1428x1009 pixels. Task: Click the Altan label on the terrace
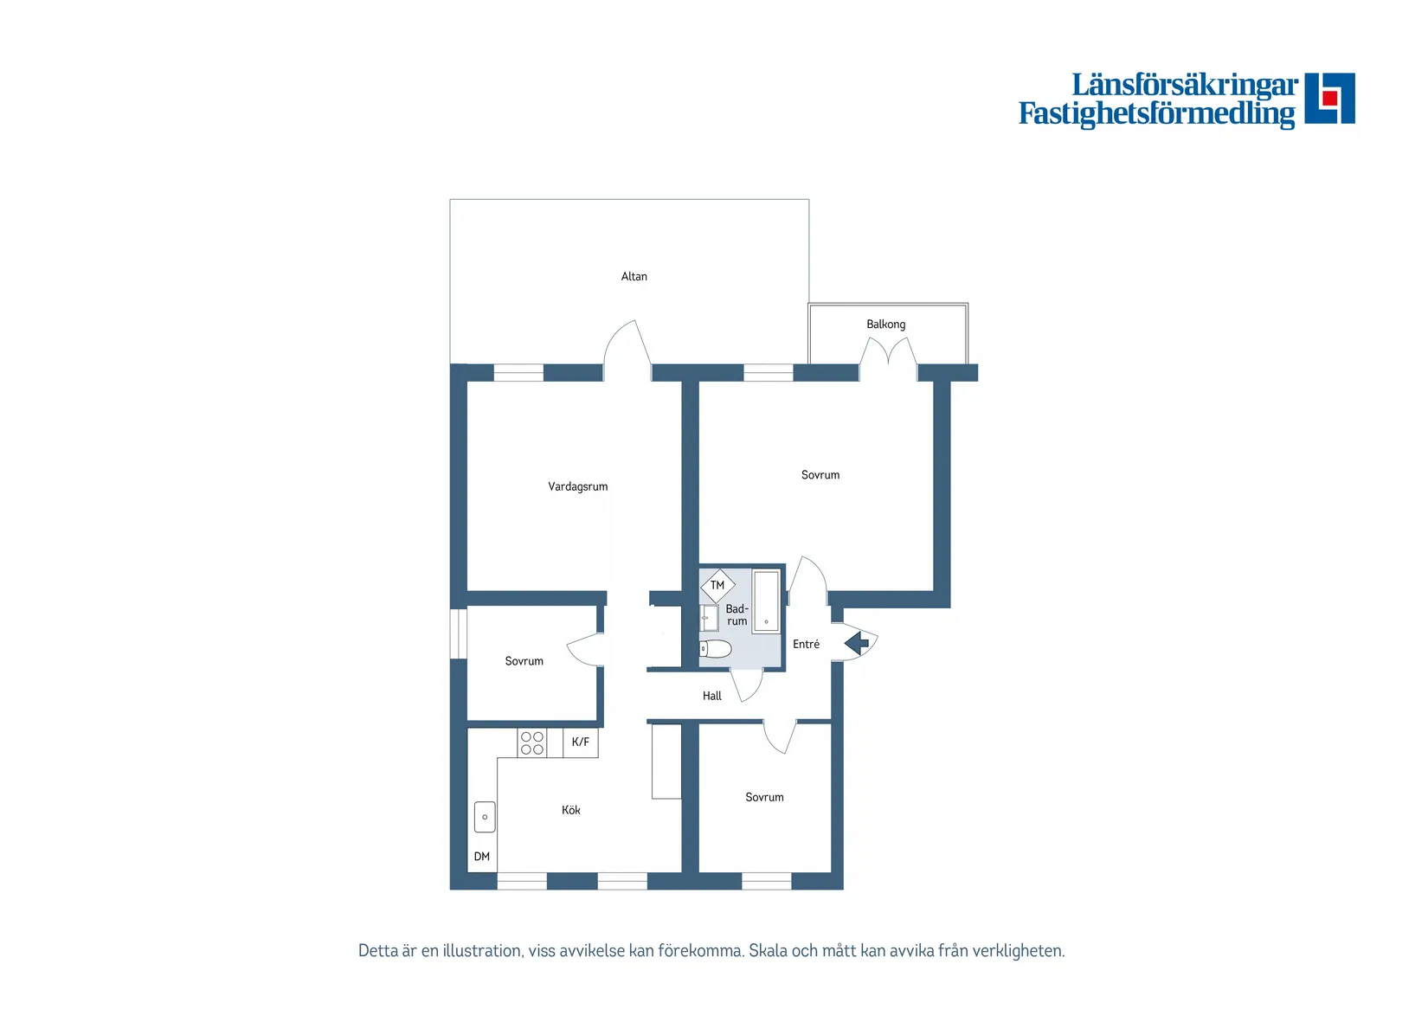point(634,277)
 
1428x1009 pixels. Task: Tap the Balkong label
point(885,325)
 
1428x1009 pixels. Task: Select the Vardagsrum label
point(577,487)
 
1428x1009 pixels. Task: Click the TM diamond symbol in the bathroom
point(717,586)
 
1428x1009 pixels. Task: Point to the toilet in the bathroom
point(716,649)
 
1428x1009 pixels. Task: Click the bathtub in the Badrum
point(766,601)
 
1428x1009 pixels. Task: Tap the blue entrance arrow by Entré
point(857,643)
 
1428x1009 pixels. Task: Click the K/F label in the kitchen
point(580,742)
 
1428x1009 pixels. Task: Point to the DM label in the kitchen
point(482,857)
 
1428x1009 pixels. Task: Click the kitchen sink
point(485,817)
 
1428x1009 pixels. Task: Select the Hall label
point(711,696)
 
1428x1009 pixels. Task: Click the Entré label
point(806,645)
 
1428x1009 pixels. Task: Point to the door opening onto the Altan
point(627,350)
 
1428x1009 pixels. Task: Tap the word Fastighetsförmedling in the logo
point(1156,113)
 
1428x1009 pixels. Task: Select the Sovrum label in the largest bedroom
point(820,475)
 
